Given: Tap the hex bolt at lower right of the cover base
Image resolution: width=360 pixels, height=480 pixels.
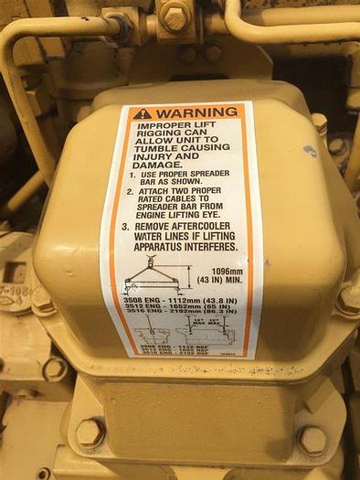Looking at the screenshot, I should point(311,440).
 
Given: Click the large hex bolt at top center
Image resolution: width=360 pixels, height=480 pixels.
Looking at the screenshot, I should point(175,13).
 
